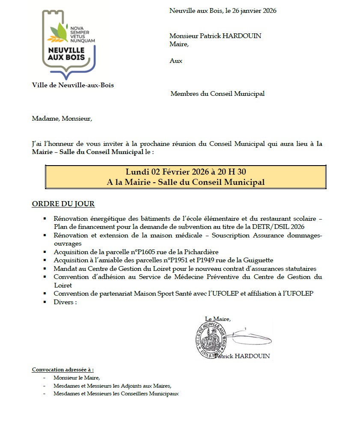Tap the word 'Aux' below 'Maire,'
click(176, 61)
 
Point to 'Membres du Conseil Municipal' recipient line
click(217, 94)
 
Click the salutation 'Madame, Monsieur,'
click(62, 119)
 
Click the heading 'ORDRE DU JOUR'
click(63, 204)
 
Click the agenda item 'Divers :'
click(65, 302)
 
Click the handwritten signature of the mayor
click(248, 333)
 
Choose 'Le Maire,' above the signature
click(218, 319)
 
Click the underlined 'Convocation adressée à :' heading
click(63, 369)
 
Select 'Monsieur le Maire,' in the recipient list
click(77, 378)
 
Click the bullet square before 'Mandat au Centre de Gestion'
click(45, 269)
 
